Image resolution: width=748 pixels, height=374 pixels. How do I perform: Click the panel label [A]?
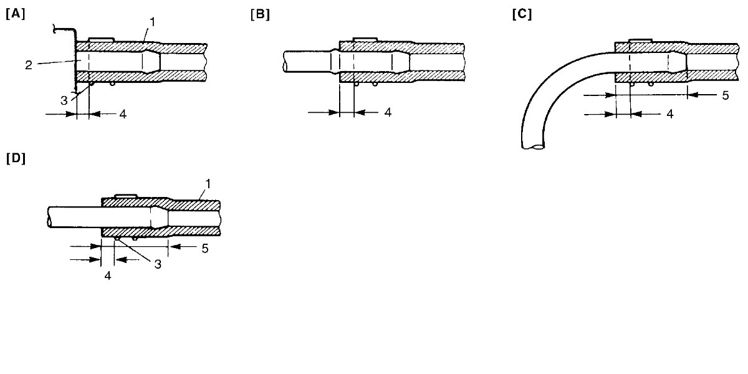click(16, 14)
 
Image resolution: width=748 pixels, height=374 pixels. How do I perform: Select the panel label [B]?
click(260, 15)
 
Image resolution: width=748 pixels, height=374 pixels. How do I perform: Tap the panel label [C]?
click(522, 14)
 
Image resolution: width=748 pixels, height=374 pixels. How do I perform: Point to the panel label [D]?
click(16, 158)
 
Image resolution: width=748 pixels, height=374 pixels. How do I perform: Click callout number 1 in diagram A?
click(153, 22)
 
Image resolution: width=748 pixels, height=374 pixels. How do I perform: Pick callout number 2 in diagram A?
click(29, 65)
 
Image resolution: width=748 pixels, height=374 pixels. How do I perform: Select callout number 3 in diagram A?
click(64, 100)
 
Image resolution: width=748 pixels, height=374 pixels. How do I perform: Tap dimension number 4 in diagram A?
click(123, 114)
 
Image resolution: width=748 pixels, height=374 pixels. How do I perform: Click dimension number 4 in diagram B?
click(388, 112)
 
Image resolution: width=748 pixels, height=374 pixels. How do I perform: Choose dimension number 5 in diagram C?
click(726, 95)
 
